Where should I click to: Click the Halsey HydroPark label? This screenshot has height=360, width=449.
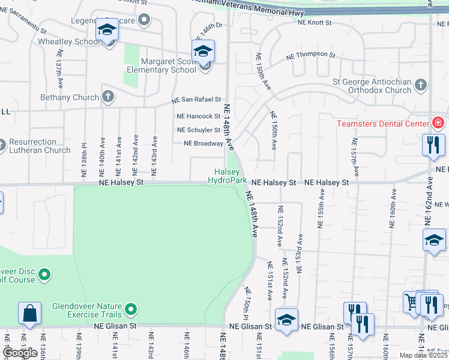[x=227, y=176]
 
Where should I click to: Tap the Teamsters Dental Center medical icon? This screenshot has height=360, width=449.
[x=438, y=124]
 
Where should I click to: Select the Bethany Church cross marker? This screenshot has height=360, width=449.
[x=108, y=97]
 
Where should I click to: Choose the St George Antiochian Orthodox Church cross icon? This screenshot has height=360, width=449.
[x=421, y=85]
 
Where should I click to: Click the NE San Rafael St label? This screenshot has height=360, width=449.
[x=196, y=100]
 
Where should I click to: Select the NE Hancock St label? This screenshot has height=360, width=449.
[x=198, y=116]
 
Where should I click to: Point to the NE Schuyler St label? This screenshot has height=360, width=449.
[x=199, y=130]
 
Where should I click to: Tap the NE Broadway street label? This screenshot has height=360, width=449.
[x=203, y=143]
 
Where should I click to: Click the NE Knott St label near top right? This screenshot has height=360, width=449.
[x=315, y=22]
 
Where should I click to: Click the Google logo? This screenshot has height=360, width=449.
[x=20, y=353]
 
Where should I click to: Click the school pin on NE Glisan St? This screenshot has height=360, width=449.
[x=286, y=320]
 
